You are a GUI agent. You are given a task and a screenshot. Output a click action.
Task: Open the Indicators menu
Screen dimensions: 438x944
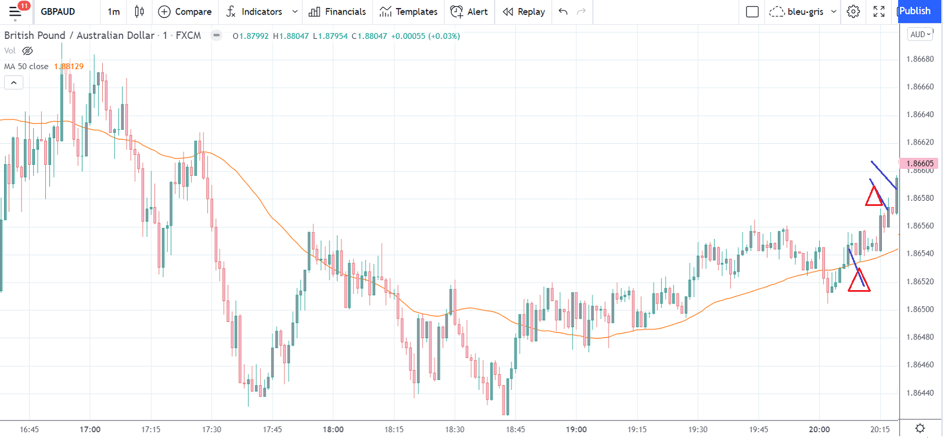pyautogui.click(x=261, y=12)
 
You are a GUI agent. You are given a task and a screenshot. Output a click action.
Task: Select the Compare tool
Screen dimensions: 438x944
pyautogui.click(x=185, y=12)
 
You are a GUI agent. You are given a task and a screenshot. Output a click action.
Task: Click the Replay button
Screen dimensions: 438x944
pyautogui.click(x=524, y=12)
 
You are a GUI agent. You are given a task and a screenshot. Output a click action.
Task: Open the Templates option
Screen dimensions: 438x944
pyautogui.click(x=409, y=12)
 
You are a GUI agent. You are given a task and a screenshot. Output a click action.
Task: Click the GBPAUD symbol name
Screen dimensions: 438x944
pyautogui.click(x=58, y=12)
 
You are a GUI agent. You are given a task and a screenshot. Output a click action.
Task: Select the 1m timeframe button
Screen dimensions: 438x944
pyautogui.click(x=114, y=12)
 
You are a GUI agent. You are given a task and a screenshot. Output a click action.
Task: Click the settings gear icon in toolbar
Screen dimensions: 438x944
pyautogui.click(x=853, y=12)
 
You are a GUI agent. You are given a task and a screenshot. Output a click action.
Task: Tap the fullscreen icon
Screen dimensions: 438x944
pyautogui.click(x=879, y=12)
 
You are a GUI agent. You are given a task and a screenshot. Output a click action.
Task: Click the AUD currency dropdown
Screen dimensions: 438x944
pyautogui.click(x=920, y=34)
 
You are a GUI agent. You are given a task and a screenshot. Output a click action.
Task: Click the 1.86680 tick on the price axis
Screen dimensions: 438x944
pyautogui.click(x=920, y=59)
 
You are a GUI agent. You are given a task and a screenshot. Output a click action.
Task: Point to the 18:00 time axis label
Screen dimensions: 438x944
pyautogui.click(x=333, y=429)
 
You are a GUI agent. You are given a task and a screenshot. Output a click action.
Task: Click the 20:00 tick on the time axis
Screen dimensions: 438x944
pyautogui.click(x=819, y=429)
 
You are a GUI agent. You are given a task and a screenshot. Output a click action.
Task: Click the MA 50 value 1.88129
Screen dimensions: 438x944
pyautogui.click(x=69, y=66)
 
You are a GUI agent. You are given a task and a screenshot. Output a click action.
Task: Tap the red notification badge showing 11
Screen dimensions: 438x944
pyautogui.click(x=24, y=6)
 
